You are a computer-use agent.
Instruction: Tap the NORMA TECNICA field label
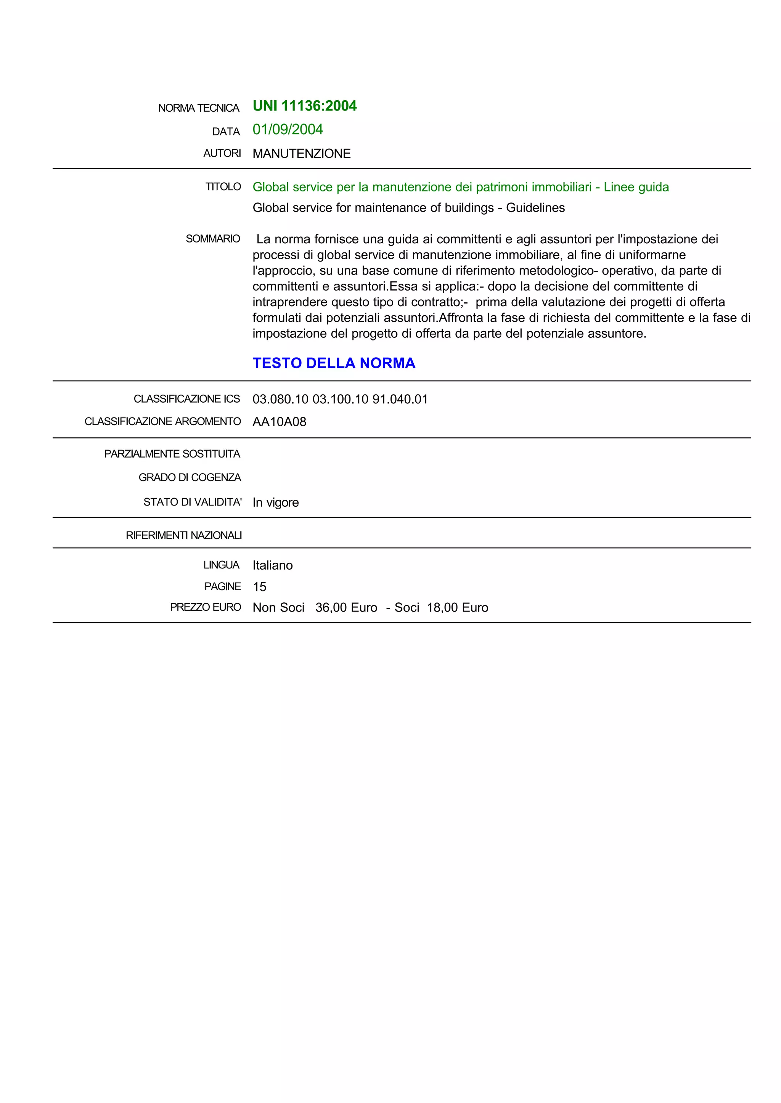(199, 108)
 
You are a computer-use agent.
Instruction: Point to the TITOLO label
(223, 186)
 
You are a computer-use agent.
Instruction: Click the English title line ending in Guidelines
(408, 208)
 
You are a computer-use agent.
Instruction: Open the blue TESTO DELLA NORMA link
(334, 363)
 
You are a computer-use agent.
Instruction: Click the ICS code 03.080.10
(280, 399)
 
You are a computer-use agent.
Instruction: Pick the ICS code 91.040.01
(400, 399)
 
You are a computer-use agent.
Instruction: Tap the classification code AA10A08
(280, 422)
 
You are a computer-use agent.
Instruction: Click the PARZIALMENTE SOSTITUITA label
(172, 454)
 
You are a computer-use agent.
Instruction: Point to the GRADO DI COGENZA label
(190, 477)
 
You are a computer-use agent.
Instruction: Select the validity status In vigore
(276, 503)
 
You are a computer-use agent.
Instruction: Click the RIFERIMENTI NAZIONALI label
(184, 535)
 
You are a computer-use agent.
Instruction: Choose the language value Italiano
(273, 565)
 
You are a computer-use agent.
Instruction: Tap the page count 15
(260, 587)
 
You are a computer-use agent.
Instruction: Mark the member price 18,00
(442, 608)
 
